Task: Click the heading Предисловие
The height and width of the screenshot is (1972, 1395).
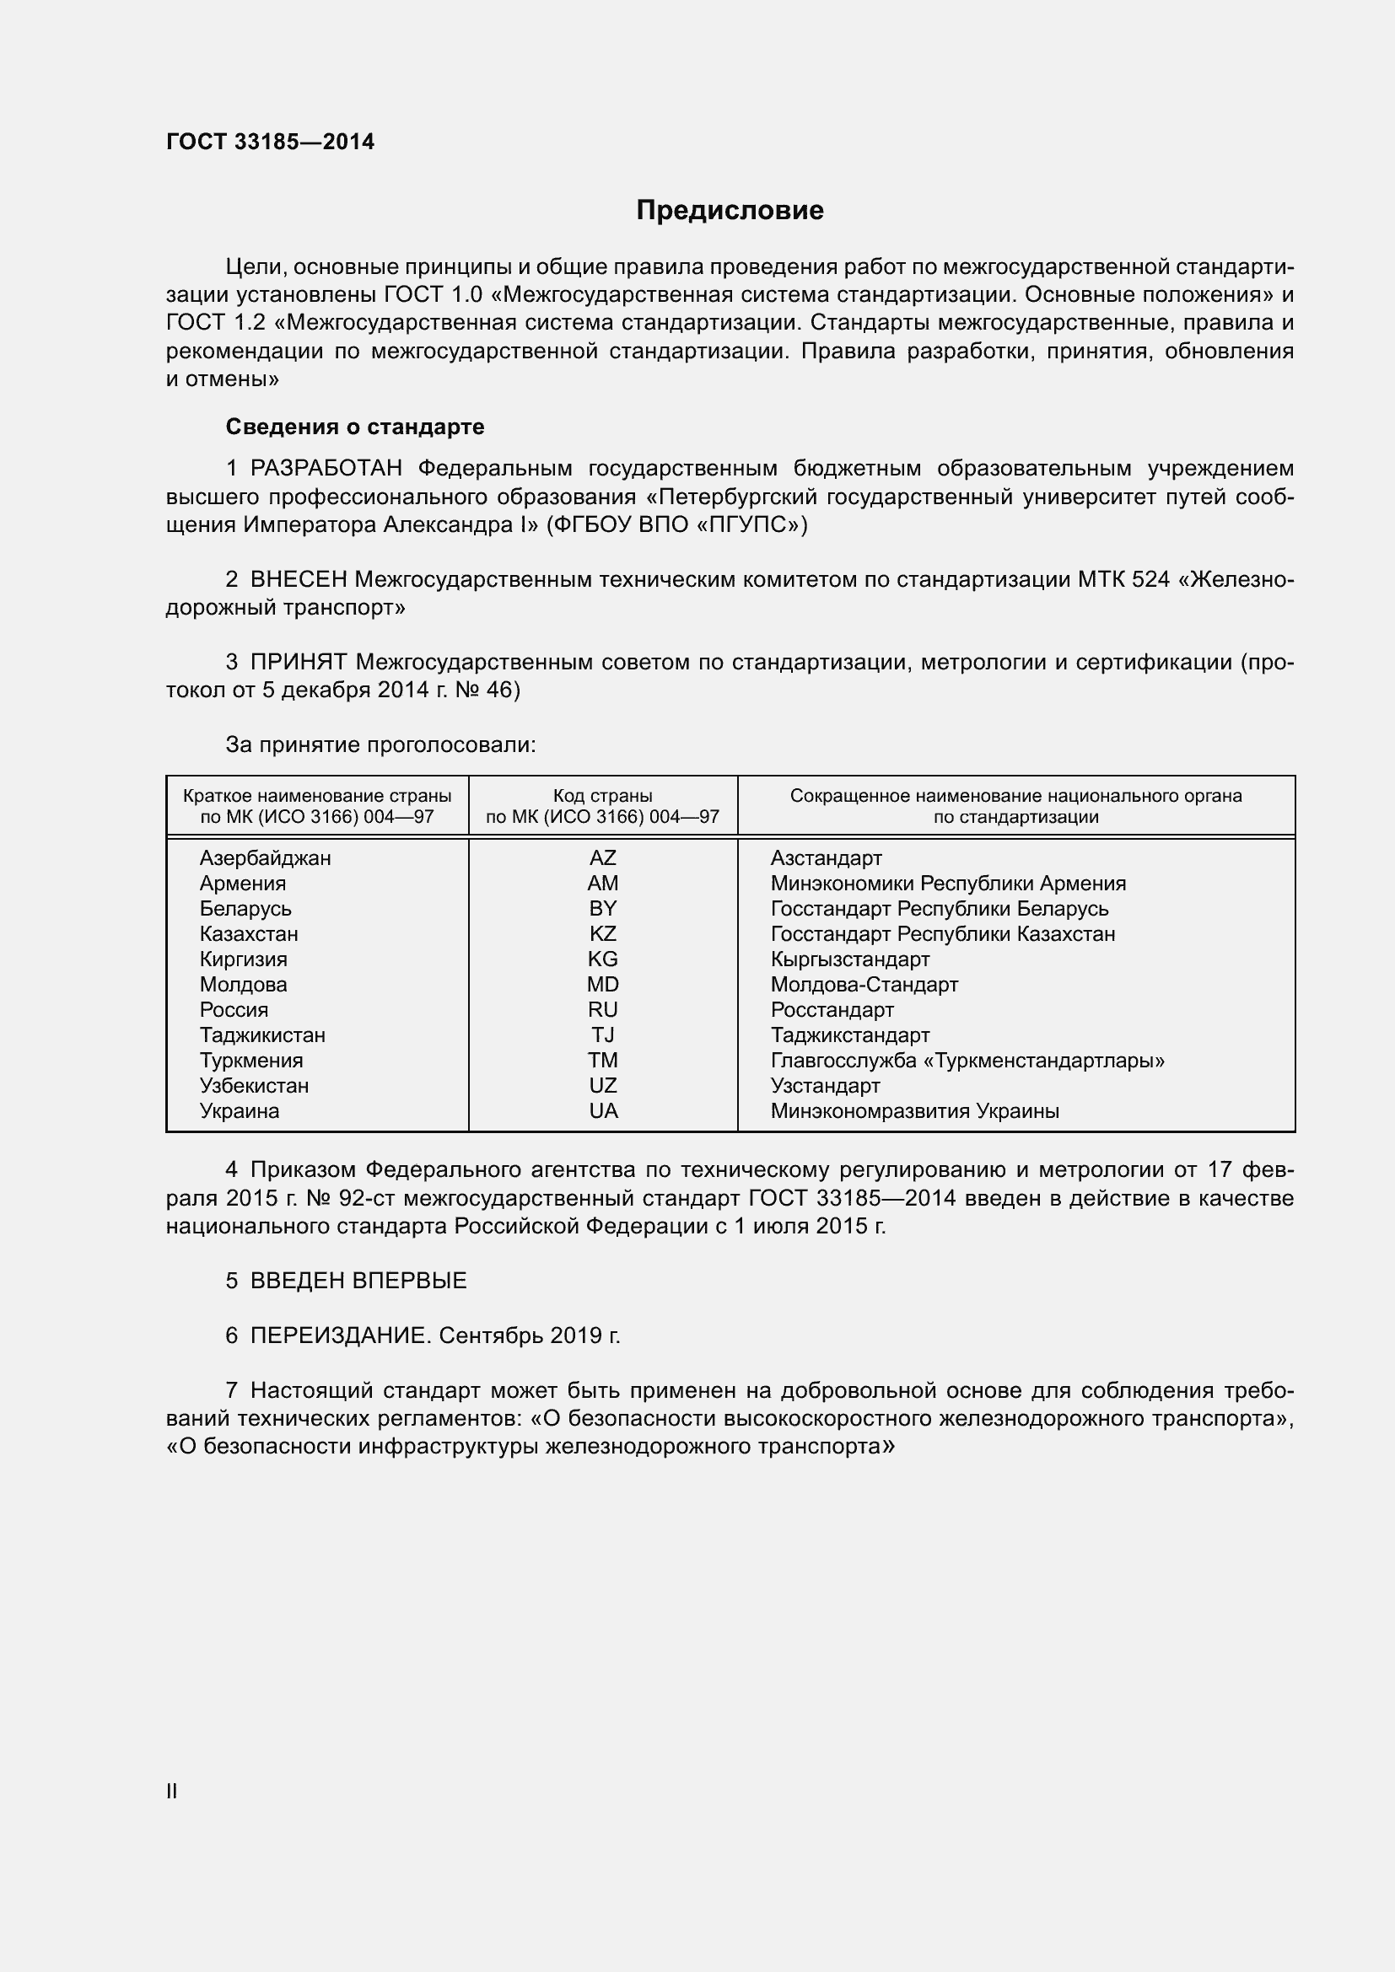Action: [x=730, y=211]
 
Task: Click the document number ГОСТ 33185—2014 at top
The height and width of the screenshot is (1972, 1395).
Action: [x=270, y=142]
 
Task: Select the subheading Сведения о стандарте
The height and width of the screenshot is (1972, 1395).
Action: [x=355, y=427]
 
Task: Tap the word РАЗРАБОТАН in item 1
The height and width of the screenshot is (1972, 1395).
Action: [x=326, y=469]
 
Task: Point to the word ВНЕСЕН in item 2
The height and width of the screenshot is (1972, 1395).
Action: [x=298, y=580]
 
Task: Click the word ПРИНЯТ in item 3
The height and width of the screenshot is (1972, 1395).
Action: [x=298, y=662]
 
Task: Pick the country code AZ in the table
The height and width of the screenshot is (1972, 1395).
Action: [x=602, y=858]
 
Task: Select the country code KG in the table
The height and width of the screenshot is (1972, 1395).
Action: [x=602, y=959]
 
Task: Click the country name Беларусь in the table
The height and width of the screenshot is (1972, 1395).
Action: [x=245, y=909]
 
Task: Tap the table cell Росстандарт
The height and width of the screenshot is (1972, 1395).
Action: [x=832, y=1010]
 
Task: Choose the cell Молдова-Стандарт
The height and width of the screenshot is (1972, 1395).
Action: [x=864, y=985]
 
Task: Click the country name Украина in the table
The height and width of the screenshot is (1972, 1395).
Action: [x=240, y=1111]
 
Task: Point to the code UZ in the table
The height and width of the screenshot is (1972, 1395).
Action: [x=602, y=1086]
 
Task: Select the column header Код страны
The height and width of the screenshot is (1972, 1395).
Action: [x=602, y=796]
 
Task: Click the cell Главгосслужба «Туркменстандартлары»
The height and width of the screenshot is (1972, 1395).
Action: [x=967, y=1061]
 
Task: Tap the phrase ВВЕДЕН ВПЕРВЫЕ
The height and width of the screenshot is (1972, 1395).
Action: [x=358, y=1281]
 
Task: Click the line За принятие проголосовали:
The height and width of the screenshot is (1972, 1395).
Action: [x=380, y=744]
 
